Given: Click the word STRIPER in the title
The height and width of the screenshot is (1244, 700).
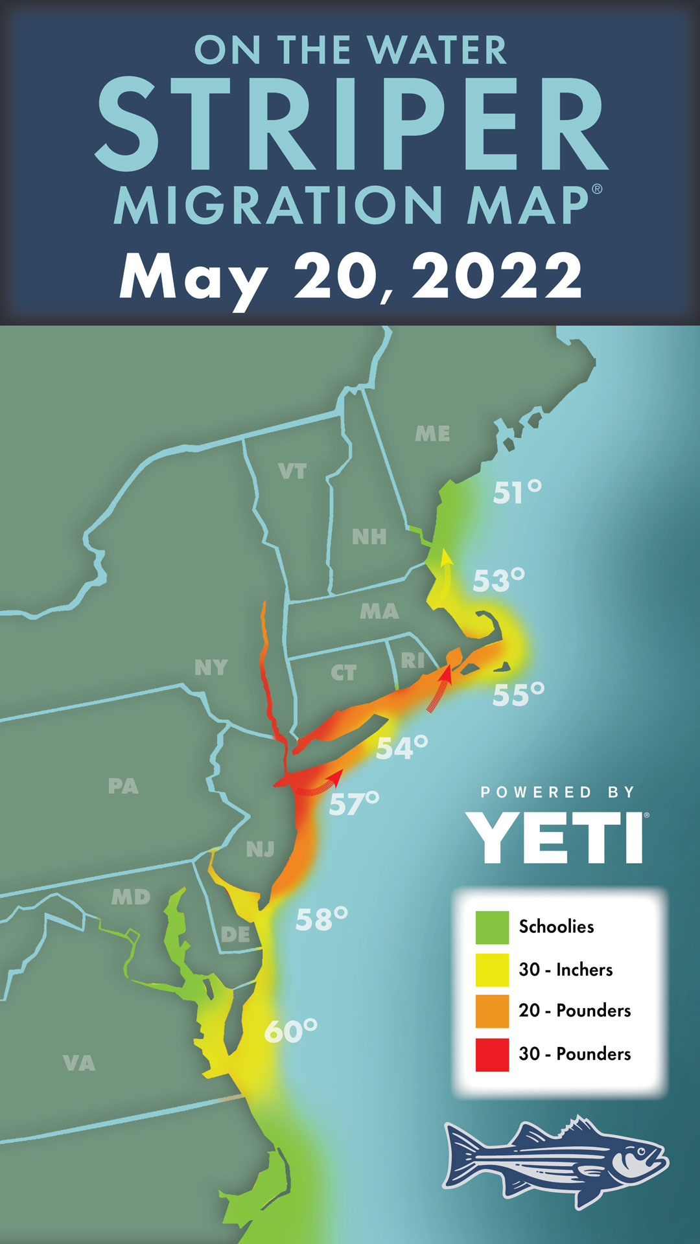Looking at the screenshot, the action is [351, 124].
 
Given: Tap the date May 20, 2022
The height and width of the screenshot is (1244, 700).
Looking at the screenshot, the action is [351, 277].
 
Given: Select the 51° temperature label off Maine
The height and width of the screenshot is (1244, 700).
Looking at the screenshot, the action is [517, 492].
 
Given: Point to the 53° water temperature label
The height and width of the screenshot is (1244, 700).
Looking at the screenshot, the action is [498, 581].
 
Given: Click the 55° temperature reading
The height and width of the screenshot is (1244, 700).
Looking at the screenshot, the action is [518, 695].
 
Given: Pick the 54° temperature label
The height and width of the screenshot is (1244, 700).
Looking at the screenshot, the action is [402, 748].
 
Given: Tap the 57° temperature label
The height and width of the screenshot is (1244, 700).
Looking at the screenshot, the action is [354, 803].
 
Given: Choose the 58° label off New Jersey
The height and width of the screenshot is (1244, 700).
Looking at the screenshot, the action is [321, 919].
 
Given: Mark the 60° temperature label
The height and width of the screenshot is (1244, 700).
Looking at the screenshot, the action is [290, 1031].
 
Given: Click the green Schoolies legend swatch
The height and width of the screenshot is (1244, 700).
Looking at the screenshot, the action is [492, 927].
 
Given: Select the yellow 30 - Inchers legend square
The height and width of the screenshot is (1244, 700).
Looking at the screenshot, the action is [492, 969].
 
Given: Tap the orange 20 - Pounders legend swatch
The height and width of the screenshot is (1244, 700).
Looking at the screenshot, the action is [492, 1011].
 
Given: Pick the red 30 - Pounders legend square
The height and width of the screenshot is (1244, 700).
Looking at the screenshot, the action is [492, 1054].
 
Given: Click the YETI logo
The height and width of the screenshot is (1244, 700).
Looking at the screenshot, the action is [556, 837].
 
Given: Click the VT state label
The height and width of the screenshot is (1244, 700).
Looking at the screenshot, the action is [292, 471].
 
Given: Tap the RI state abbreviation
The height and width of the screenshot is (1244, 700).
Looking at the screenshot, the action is [413, 660].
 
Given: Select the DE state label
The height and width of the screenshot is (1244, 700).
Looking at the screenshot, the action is [235, 934].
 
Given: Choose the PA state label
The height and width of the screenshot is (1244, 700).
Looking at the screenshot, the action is [123, 786].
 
